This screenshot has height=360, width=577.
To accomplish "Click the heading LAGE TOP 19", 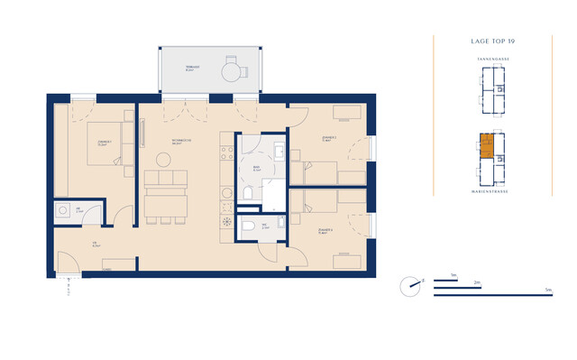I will click(492, 41).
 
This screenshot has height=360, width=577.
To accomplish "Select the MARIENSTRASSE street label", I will click(492, 190).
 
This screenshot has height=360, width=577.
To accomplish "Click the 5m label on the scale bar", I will click(547, 290).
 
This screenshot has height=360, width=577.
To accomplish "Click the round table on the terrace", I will click(232, 68).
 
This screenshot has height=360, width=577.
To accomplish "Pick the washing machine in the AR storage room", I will click(64, 212).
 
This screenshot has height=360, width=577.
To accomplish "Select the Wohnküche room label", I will click(181, 142).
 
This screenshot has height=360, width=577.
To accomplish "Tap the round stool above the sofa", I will click(163, 160).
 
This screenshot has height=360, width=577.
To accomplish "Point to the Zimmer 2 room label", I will click(328, 139).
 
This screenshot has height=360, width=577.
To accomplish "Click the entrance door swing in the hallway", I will click(68, 263).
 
